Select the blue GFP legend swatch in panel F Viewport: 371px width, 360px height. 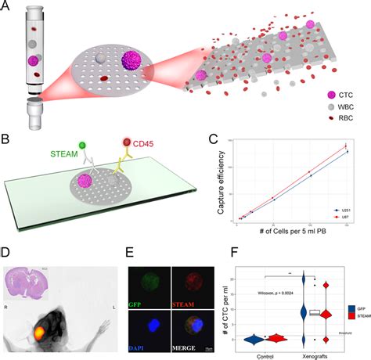[x=353, y=308]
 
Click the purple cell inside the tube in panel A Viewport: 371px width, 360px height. [x=34, y=59]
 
